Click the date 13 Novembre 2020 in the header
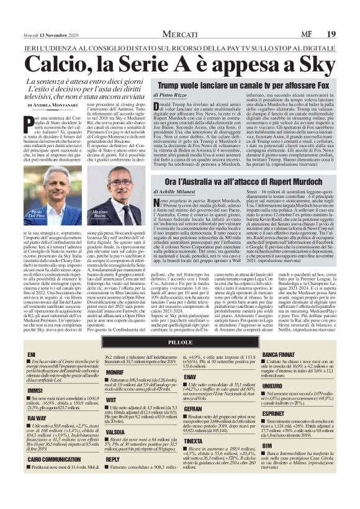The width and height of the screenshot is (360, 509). coord(51,17)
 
